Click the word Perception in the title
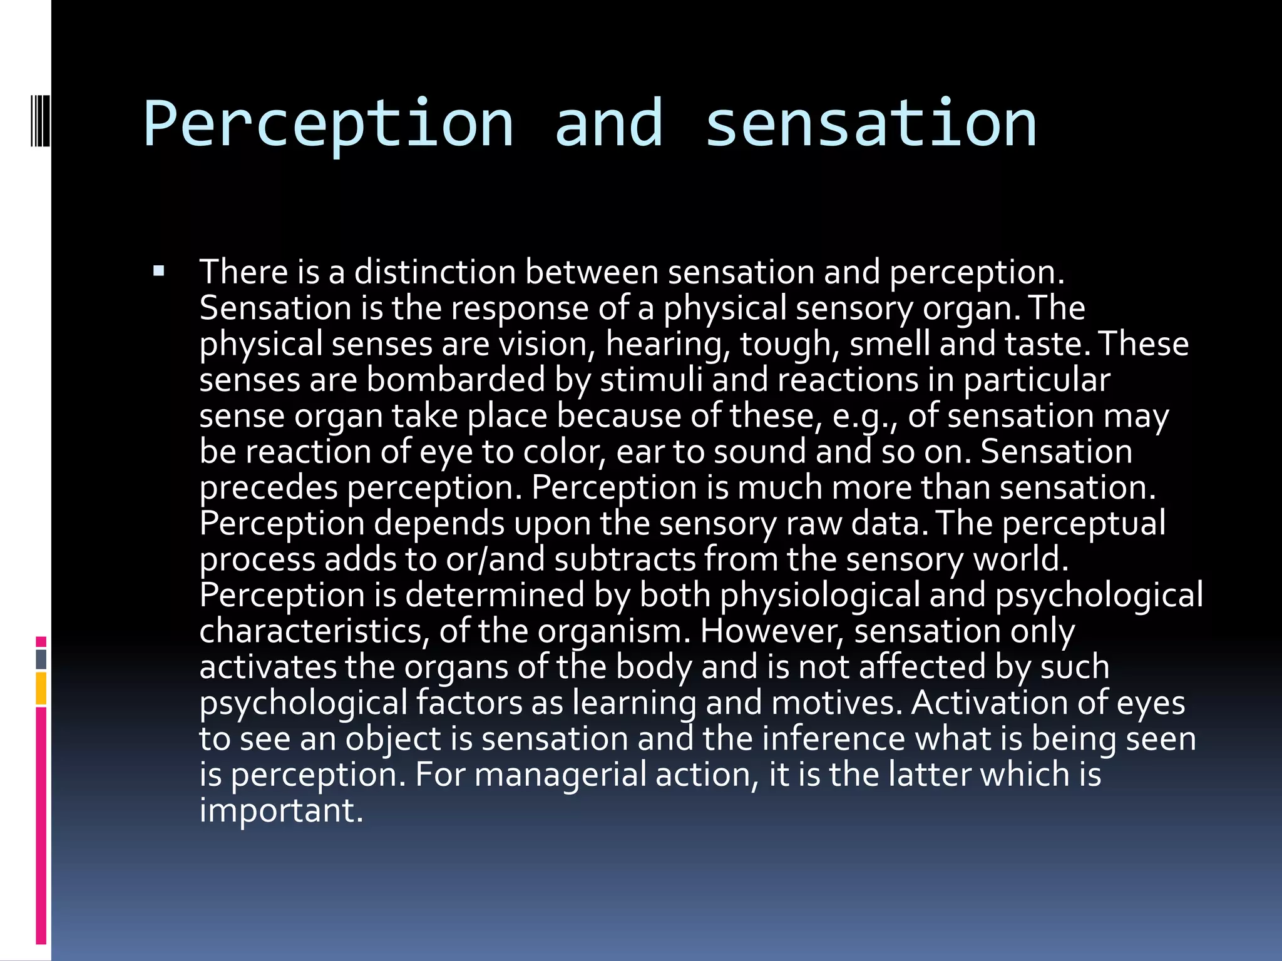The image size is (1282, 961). pos(328,125)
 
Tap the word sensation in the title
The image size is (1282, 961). pos(871,125)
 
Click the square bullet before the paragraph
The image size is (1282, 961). pos(158,272)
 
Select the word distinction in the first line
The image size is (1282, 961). pos(435,273)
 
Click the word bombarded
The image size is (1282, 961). pos(455,380)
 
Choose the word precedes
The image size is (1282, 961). pos(269,488)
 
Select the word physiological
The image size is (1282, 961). pos(820,596)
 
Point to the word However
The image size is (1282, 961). pos(772,631)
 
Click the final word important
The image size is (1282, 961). pos(281,811)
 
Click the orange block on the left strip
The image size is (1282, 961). pos(41,688)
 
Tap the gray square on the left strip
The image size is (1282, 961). pos(41,659)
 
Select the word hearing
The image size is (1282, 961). pos(668,345)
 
